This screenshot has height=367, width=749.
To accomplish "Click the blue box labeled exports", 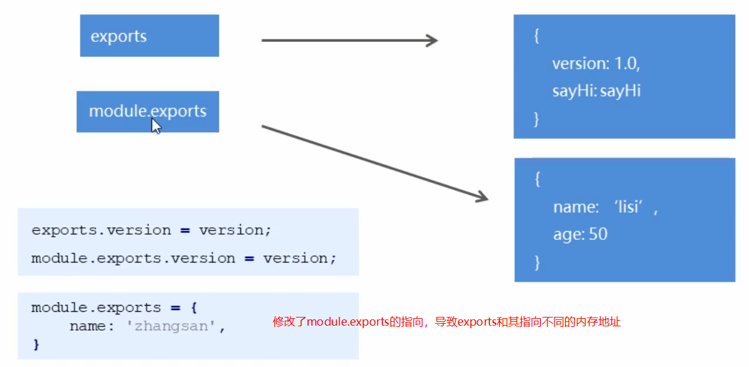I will pos(149,36).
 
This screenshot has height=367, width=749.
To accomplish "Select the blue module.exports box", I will pos(148,111).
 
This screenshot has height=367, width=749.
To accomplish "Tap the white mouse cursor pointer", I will pos(156,126).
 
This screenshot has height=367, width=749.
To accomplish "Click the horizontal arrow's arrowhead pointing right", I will pos(431,41).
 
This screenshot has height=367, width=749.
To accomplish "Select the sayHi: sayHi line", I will pos(596,91).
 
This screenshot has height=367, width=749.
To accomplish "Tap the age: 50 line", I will pos(580,235).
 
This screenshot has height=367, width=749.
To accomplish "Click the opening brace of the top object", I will pos(536,36).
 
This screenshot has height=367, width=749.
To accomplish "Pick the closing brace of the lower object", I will pos(536,262).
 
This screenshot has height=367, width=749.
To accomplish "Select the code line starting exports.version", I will pos(151,230).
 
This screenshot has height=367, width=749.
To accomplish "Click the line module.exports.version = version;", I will pos(183,258).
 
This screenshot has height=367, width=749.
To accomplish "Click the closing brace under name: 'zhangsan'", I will pos(36,344).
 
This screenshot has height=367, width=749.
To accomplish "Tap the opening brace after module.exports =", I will pos(194,308).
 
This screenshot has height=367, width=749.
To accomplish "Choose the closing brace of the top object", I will pos(536,118).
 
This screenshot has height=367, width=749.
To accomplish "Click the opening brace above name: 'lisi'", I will pos(537,180).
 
